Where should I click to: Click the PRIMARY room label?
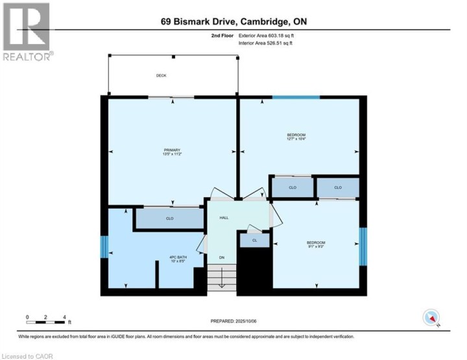pyautogui.click(x=172, y=150)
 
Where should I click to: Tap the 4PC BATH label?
pyautogui.click(x=178, y=258)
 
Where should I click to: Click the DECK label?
pyautogui.click(x=161, y=76)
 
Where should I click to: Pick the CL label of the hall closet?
pyautogui.click(x=255, y=241)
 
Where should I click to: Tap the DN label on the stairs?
pyautogui.click(x=221, y=258)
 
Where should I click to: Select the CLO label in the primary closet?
pyautogui.click(x=169, y=219)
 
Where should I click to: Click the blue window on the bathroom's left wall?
pyautogui.click(x=103, y=246)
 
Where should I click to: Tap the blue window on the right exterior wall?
pyautogui.click(x=363, y=246)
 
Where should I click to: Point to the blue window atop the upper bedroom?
pyautogui.click(x=296, y=97)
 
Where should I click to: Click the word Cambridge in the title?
pyautogui.click(x=267, y=21)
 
